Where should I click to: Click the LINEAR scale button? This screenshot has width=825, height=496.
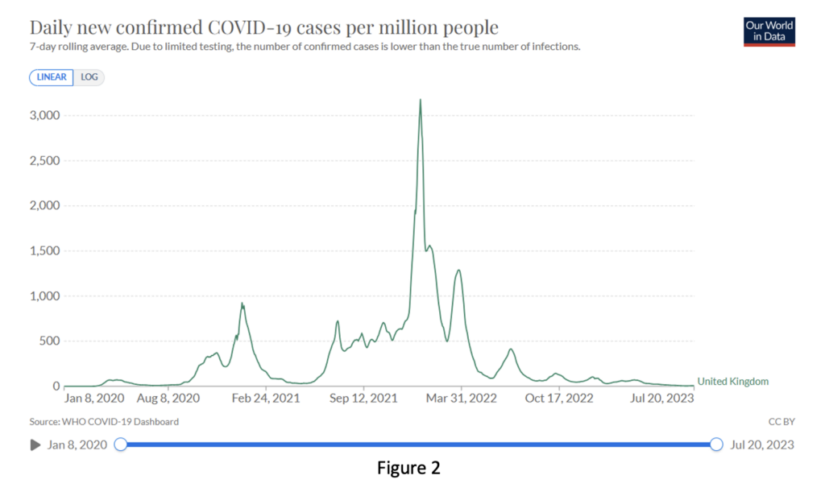[x=52, y=77]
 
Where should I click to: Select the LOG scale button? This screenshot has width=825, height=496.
[x=89, y=77]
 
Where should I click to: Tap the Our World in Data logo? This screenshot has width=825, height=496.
[x=769, y=31]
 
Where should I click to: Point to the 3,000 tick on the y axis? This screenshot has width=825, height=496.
[x=44, y=115]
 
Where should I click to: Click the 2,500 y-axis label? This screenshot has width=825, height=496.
[x=44, y=160]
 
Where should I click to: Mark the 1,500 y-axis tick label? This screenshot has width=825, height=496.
[x=44, y=250]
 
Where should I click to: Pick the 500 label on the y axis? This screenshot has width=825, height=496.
[x=51, y=341]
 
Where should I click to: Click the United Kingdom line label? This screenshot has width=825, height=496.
[x=732, y=382]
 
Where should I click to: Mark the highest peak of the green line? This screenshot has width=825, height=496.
[x=421, y=100]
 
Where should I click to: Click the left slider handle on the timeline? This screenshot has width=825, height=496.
[x=121, y=444]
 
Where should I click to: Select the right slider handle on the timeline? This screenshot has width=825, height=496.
[x=716, y=444]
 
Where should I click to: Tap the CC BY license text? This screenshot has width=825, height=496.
[x=781, y=421]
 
